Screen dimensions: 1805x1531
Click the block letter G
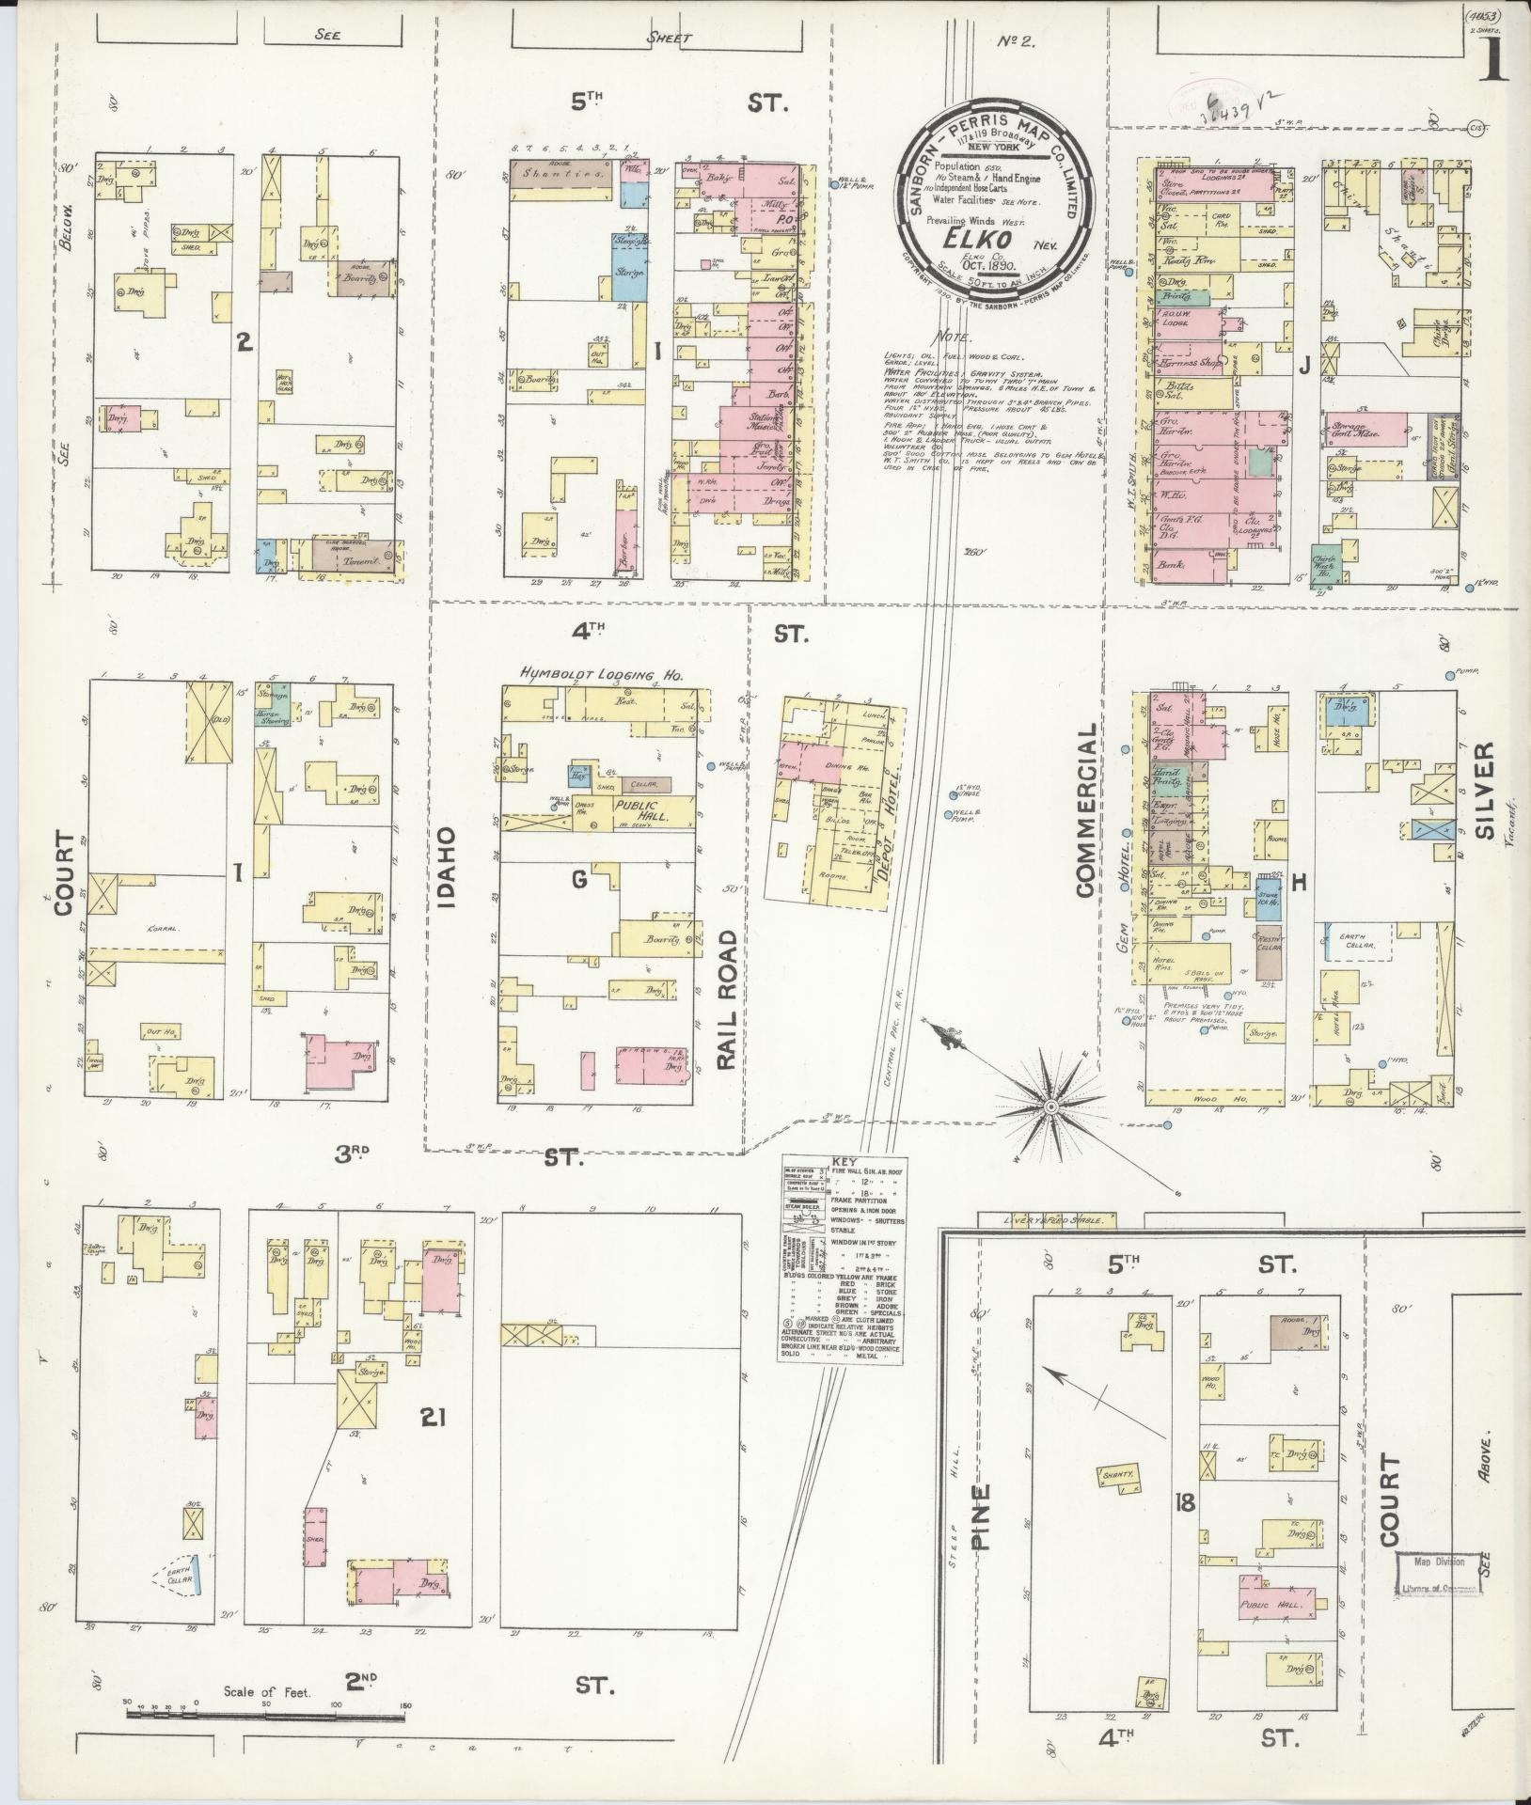579,880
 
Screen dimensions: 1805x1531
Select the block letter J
1303,369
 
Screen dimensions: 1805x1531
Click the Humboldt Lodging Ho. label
603,674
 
